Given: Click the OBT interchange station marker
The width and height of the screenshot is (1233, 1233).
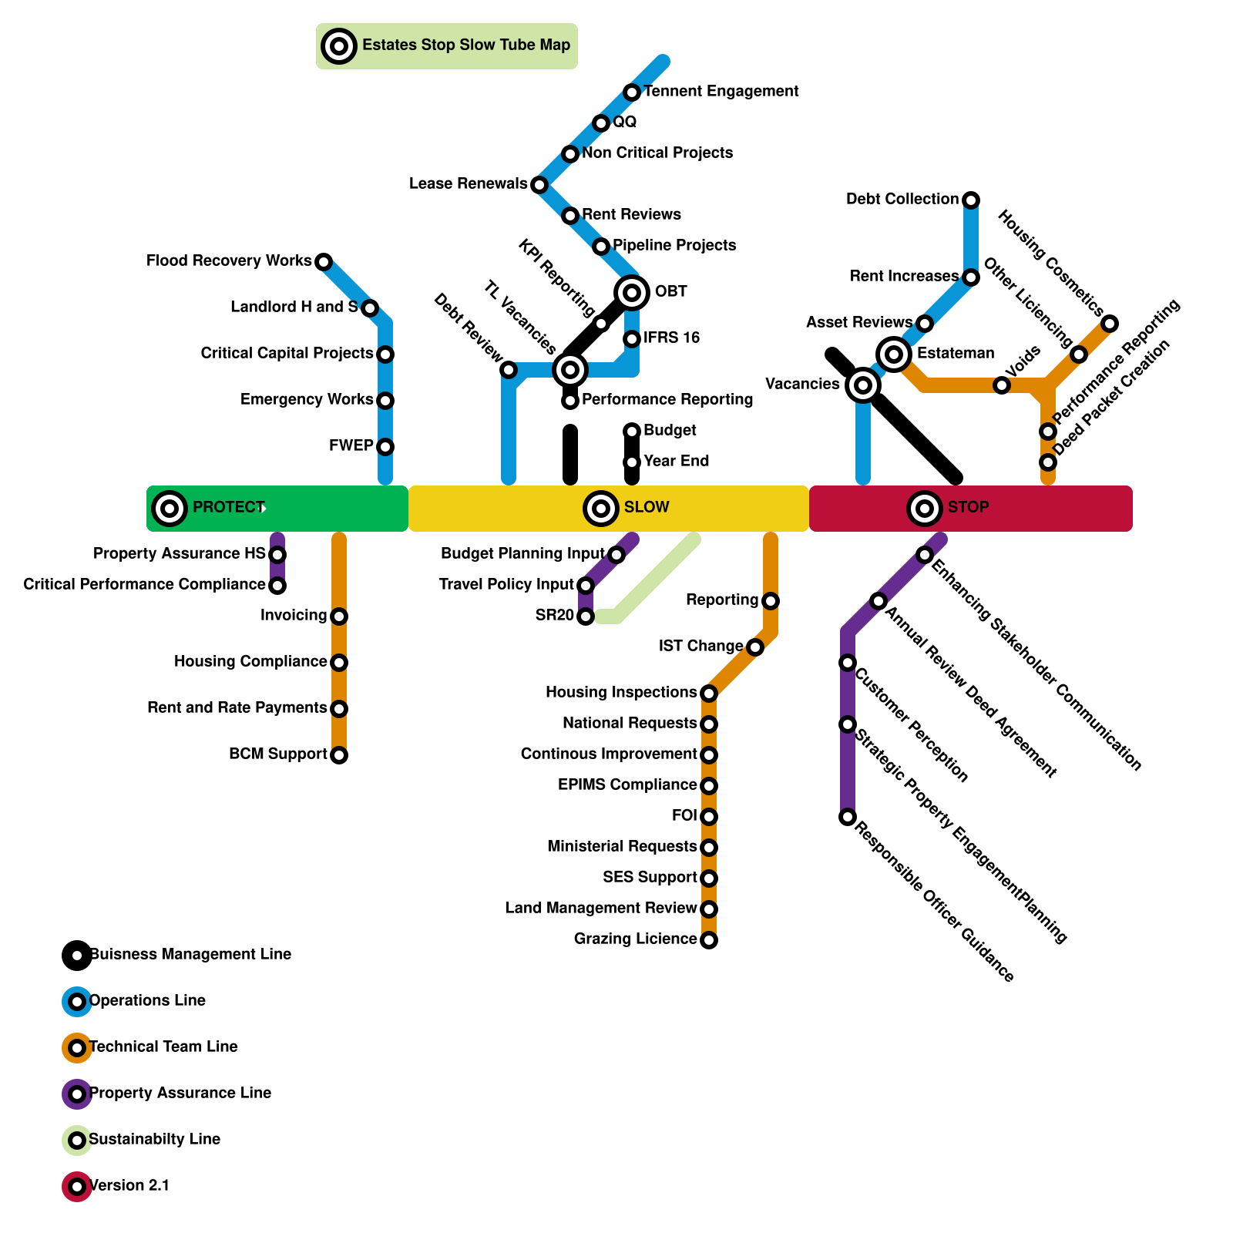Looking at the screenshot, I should point(632,292).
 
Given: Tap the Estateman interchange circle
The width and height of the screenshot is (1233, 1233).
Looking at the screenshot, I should point(894,354).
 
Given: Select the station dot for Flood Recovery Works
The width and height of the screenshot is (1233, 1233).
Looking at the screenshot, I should point(324,262).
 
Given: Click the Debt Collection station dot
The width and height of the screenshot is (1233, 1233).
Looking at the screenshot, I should point(971,200).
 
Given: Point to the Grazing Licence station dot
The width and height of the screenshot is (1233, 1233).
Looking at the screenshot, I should point(709,939).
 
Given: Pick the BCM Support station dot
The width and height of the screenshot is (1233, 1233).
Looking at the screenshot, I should point(339,754).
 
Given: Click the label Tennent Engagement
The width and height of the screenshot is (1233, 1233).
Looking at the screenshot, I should point(721,92).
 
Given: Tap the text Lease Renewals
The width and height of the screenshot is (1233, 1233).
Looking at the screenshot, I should point(468,184).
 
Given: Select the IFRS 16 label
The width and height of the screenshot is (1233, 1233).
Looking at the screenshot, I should point(671,338).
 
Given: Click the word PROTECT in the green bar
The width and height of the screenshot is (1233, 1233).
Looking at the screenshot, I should point(228,507).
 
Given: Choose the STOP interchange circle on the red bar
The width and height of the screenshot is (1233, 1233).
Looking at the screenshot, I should point(925,508).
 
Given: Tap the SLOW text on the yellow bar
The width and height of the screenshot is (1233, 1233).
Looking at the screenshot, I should point(647,507).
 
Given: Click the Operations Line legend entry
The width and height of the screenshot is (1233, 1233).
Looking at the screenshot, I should point(147,1001).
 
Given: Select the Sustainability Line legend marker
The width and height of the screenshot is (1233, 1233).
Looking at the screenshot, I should point(77,1140).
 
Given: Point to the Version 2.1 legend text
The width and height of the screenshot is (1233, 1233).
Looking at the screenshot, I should point(129,1186).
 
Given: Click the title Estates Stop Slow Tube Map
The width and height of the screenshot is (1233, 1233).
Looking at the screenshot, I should point(466,45).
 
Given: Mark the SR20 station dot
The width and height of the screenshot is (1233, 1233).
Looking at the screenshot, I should point(586,616).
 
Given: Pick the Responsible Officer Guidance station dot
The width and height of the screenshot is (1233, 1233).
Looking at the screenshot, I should point(848,817).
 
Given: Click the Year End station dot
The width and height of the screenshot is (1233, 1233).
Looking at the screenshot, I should point(632,462).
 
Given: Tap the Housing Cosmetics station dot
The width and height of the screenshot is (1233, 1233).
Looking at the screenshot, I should point(1110,324).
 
